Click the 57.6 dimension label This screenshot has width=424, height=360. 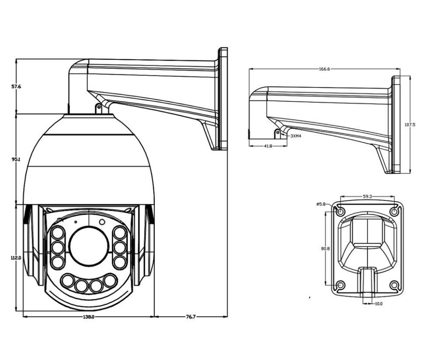point(16,87)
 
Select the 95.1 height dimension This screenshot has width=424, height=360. point(16,160)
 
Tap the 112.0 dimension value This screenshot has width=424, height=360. point(16,258)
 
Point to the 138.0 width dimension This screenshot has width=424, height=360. point(88,317)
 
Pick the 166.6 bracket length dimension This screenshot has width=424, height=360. point(324,69)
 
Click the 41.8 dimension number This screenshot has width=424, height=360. point(268,146)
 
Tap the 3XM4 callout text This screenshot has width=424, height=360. point(296,136)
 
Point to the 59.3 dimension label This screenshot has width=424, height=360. point(367,197)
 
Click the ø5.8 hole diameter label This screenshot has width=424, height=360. point(321,204)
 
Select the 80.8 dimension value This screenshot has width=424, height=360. point(325,248)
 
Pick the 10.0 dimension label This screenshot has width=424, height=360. point(379,304)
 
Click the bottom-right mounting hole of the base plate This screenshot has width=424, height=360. point(394,285)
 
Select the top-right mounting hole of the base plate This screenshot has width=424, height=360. point(394,212)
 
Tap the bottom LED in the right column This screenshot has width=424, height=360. point(119,262)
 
